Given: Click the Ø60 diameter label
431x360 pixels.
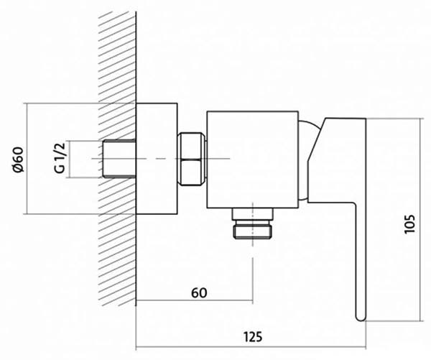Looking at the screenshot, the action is [18, 160].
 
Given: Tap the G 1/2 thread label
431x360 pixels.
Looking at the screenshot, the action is [60, 158].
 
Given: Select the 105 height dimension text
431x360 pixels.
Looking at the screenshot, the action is [409, 224].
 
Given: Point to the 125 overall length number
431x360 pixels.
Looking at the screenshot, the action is [253, 336].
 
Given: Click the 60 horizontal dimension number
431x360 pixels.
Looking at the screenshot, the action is [199, 293].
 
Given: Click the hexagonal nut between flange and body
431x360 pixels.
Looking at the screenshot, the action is [191, 160].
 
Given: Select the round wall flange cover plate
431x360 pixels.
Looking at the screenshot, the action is [157, 159].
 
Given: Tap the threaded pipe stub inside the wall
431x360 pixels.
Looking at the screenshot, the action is [119, 159].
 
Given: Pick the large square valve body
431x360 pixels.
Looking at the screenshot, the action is [253, 160].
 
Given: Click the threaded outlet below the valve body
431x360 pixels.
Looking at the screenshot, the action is [253, 223].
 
